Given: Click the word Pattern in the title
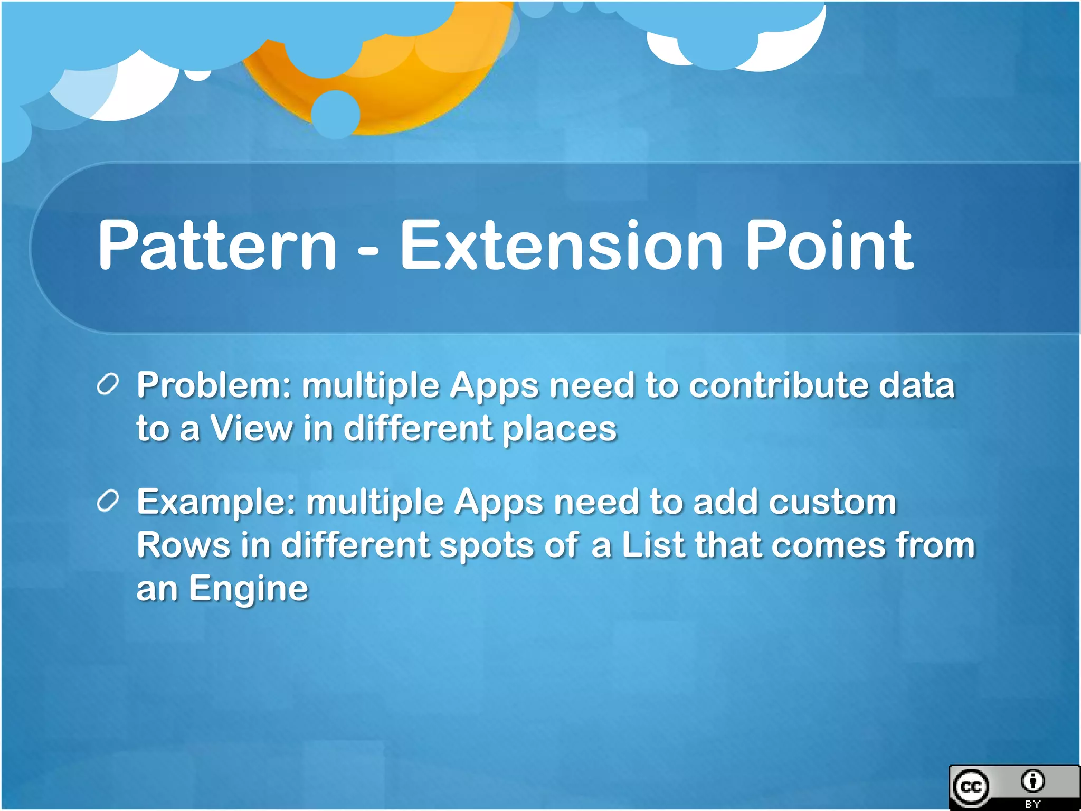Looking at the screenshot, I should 217,246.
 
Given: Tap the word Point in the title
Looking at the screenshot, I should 829,246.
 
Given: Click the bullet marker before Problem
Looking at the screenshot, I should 108,384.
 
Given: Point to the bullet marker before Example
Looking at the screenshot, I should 108,501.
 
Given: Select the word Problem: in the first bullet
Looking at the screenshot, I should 214,385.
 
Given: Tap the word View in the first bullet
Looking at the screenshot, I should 251,428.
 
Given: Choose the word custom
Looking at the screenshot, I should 832,502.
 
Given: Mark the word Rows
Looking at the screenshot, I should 183,545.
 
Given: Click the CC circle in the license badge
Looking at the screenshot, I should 970,787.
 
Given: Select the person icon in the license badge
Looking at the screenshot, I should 1032,781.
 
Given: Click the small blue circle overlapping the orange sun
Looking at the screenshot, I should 336,114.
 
